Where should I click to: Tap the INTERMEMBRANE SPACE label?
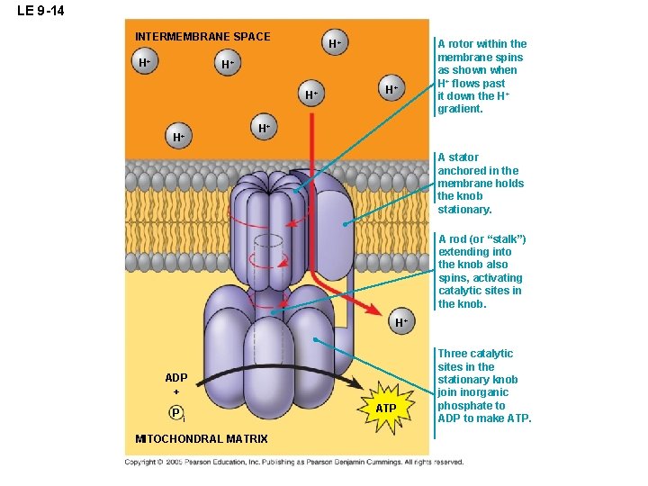tap(202, 37)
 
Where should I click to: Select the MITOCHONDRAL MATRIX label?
tap(201, 439)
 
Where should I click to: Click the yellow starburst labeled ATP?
tap(385, 409)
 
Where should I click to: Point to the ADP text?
tap(176, 378)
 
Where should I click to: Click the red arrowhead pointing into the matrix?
tap(369, 308)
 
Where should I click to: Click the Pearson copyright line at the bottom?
tap(294, 462)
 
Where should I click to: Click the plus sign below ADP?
tap(176, 392)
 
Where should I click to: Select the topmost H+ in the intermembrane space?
tap(334, 43)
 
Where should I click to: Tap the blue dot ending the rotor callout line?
tap(296, 192)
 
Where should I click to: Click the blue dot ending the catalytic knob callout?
tap(316, 339)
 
